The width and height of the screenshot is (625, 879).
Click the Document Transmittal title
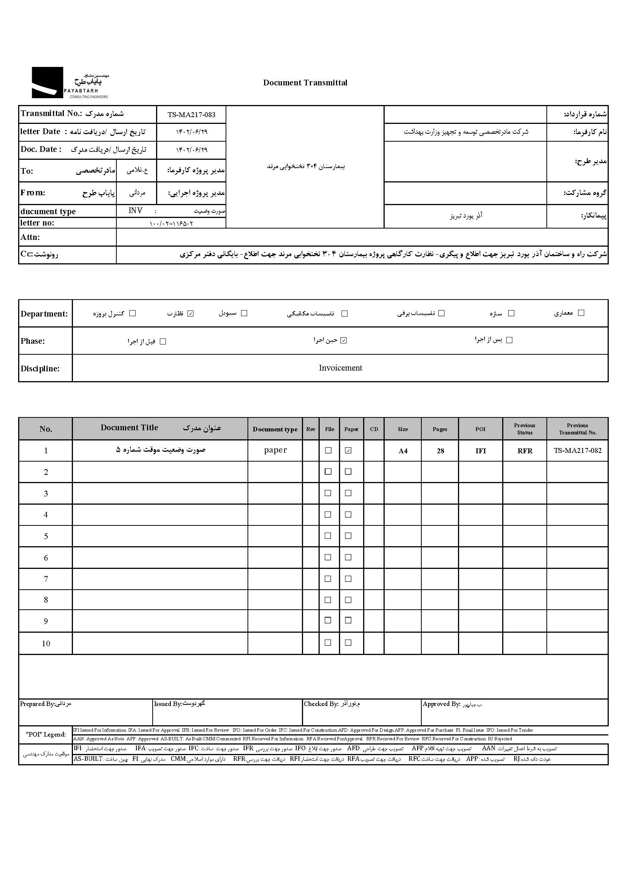[305, 83]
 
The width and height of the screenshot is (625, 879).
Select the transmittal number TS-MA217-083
[191, 114]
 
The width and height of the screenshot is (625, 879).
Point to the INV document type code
[136, 210]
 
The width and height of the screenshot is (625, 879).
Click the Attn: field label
[30, 237]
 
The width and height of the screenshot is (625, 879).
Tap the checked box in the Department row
[190, 314]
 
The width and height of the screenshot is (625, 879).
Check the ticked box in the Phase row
[343, 340]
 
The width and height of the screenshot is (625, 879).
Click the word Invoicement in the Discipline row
[340, 368]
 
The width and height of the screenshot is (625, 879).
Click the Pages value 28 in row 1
[440, 451]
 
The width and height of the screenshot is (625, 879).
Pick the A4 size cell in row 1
[402, 451]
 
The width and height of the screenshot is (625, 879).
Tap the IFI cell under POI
[480, 451]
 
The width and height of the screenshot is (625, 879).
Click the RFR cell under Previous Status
[524, 451]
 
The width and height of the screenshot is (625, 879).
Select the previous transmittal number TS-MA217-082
[577, 451]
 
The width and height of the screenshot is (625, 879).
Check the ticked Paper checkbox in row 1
[348, 451]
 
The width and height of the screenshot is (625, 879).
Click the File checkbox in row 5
[328, 536]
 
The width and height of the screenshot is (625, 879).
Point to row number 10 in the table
[46, 644]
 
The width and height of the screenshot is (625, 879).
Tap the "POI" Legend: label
[46, 734]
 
